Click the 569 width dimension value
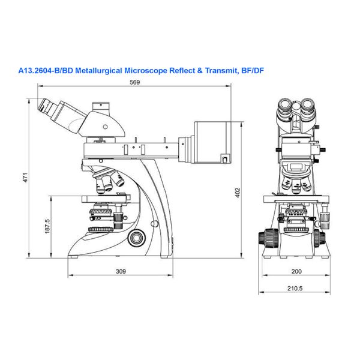tap(135, 82)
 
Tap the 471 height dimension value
tap(25, 178)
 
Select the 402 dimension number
tap(238, 193)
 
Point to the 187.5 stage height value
tap(47, 226)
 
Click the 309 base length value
tap(121, 271)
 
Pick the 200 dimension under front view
tap(296, 271)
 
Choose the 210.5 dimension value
tap(295, 288)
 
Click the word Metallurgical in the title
tap(99, 70)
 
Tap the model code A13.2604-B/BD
tap(46, 70)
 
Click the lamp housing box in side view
tap(213, 142)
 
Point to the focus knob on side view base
tap(137, 238)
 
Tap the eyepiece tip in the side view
tap(42, 105)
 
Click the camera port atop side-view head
tap(101, 107)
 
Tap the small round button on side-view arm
tap(155, 223)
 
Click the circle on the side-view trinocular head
tap(106, 127)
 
